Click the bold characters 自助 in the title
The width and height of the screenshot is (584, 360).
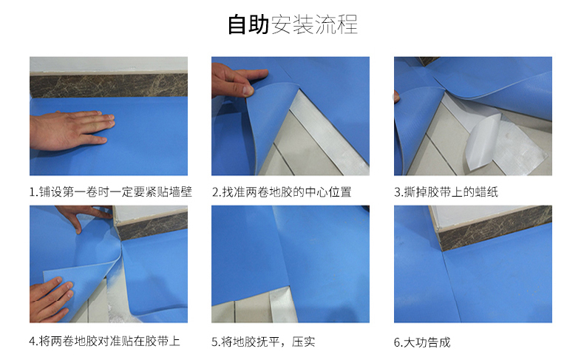coord(248,24)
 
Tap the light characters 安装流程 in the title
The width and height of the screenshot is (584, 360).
coord(314,24)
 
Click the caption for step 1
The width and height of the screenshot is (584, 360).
coord(111,192)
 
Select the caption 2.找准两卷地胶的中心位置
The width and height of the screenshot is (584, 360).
coord(282,192)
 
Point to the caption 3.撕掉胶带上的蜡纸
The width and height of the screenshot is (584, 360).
coord(447,192)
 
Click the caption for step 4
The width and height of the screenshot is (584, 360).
coord(105,341)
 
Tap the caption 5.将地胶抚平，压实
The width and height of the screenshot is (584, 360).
coord(263,342)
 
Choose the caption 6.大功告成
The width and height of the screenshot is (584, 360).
coord(422,342)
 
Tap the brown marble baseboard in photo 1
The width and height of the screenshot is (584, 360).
coord(109,85)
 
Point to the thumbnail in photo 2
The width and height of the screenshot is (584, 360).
coord(248,89)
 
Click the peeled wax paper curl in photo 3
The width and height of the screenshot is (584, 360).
coord(483,141)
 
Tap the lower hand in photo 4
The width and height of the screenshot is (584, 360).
coord(50,299)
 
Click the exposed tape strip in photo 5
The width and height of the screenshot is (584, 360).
coord(282,306)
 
